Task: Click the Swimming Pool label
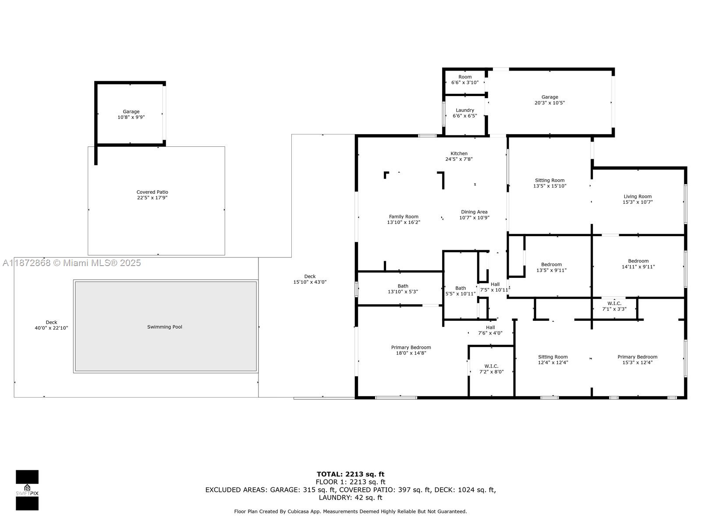164,327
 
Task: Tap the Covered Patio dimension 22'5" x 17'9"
152,198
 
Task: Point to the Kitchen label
459,153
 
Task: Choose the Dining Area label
474,212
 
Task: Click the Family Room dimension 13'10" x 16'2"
404,222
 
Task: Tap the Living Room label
637,196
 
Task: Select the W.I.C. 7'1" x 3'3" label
614,306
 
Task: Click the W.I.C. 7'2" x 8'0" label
491,369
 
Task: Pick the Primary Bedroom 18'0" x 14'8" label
411,350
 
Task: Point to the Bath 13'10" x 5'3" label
403,289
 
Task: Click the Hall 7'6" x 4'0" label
490,330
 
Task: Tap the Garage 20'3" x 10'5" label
549,100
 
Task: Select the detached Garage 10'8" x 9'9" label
131,114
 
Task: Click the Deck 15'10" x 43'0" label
310,279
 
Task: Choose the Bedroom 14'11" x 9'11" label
638,264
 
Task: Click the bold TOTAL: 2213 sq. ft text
350,474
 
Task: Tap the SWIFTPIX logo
27,490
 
